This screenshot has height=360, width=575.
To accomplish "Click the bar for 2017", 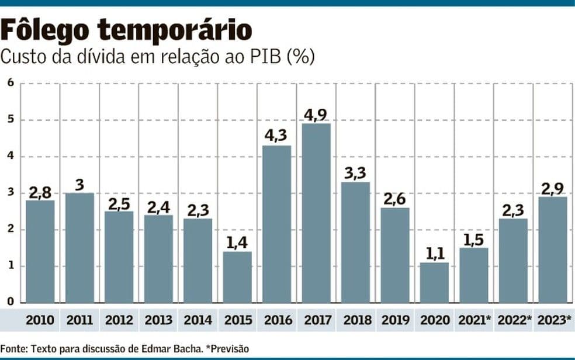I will (316, 213).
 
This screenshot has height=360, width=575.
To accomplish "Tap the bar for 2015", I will (237, 277).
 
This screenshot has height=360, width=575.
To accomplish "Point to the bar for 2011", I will (79, 248).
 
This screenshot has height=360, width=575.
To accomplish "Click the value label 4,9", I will (316, 115).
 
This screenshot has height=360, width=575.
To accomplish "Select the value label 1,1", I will (434, 254).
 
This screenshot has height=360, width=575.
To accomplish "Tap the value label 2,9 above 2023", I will (553, 188).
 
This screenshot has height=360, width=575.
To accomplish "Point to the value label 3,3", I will (355, 174).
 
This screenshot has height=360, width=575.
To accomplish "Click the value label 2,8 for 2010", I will (40, 192).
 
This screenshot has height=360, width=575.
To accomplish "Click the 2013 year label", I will (158, 320).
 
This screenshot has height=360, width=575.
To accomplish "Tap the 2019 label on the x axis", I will (395, 320).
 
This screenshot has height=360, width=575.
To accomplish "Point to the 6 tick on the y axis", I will (10, 83).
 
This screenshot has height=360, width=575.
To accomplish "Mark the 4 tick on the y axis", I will (10, 156).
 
